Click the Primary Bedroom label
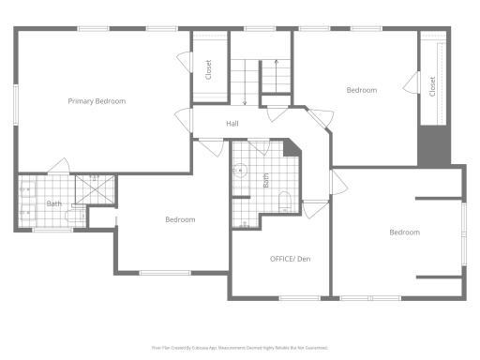[x=97, y=101]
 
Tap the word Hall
[x=232, y=124]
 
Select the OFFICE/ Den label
[x=290, y=258]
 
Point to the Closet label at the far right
[x=432, y=86]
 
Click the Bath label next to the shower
[x=54, y=203]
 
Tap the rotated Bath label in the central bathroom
[x=266, y=178]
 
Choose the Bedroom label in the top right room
[x=361, y=90]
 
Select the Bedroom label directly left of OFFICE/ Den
[x=180, y=219]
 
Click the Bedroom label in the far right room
[x=404, y=232]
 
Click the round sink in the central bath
[x=240, y=172]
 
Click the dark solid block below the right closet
[x=434, y=144]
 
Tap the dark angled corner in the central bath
[x=292, y=148]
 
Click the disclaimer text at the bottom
[x=240, y=347]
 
